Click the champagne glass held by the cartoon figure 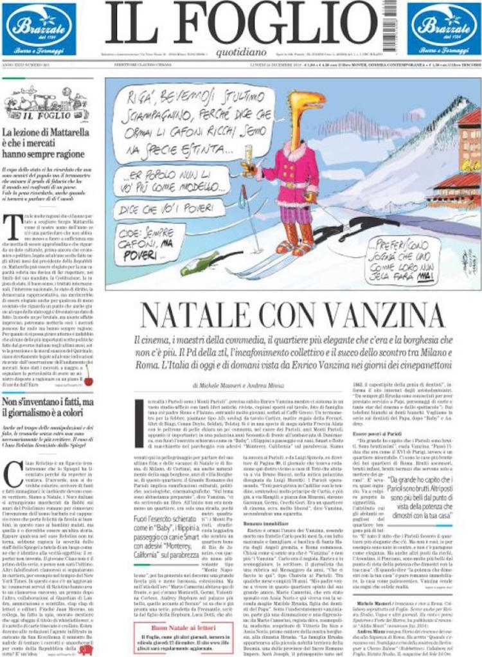[249, 157]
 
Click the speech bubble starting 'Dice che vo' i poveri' [160, 208]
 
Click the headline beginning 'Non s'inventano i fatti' [48, 407]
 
